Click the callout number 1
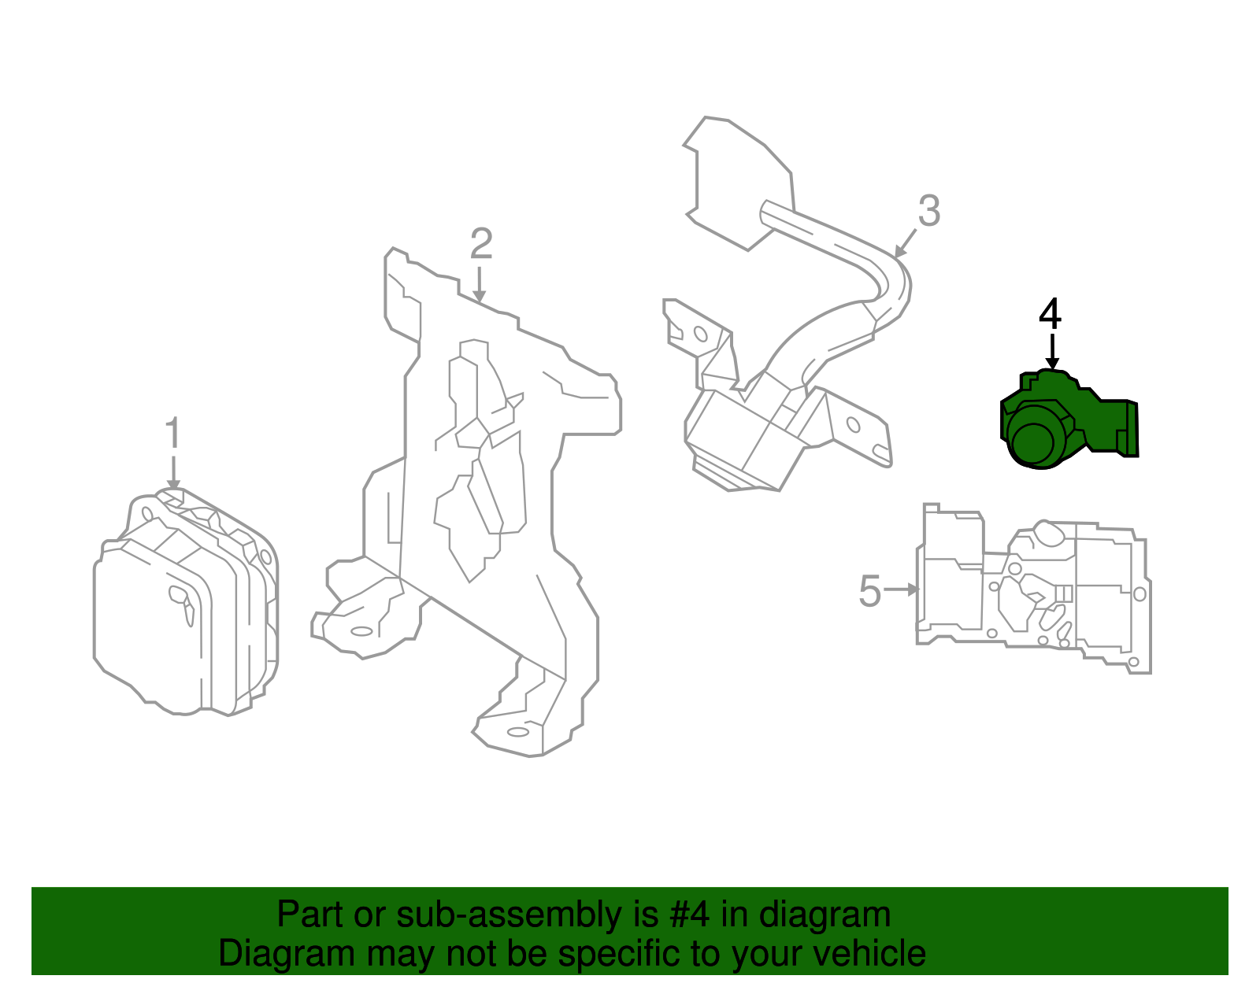173,434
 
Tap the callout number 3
929,211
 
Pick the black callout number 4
1051,314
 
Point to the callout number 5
869,590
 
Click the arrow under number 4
1051,351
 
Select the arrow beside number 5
902,589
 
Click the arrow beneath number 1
173,472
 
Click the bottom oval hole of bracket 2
518,732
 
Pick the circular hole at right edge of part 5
1139,595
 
